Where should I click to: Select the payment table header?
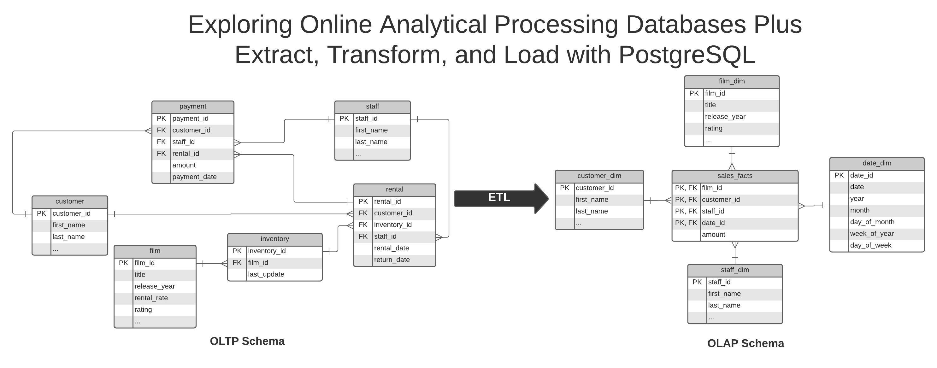coord(193,107)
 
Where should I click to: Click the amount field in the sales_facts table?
coord(713,235)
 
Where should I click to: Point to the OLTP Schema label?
coord(247,341)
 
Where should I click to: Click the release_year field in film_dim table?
coord(725,117)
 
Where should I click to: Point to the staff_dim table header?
coord(735,270)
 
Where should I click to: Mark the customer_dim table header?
coord(599,176)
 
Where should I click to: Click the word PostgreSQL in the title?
coord(687,55)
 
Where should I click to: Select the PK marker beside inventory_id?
coord(237,251)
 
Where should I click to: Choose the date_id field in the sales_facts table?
coord(713,223)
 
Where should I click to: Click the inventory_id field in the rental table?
coord(393,225)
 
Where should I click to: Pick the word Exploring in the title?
coord(240,25)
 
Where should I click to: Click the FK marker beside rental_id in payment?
coord(161,154)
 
